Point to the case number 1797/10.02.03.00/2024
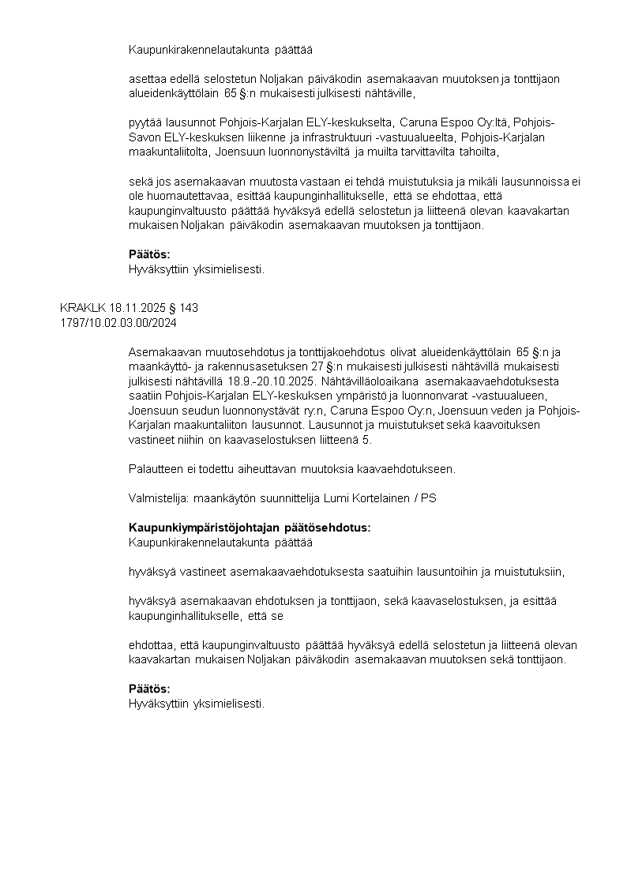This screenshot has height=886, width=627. [x=118, y=322]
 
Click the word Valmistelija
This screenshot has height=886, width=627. [x=154, y=498]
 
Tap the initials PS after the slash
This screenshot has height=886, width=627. [x=428, y=498]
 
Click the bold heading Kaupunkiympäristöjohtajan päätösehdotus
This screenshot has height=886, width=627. [x=250, y=527]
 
